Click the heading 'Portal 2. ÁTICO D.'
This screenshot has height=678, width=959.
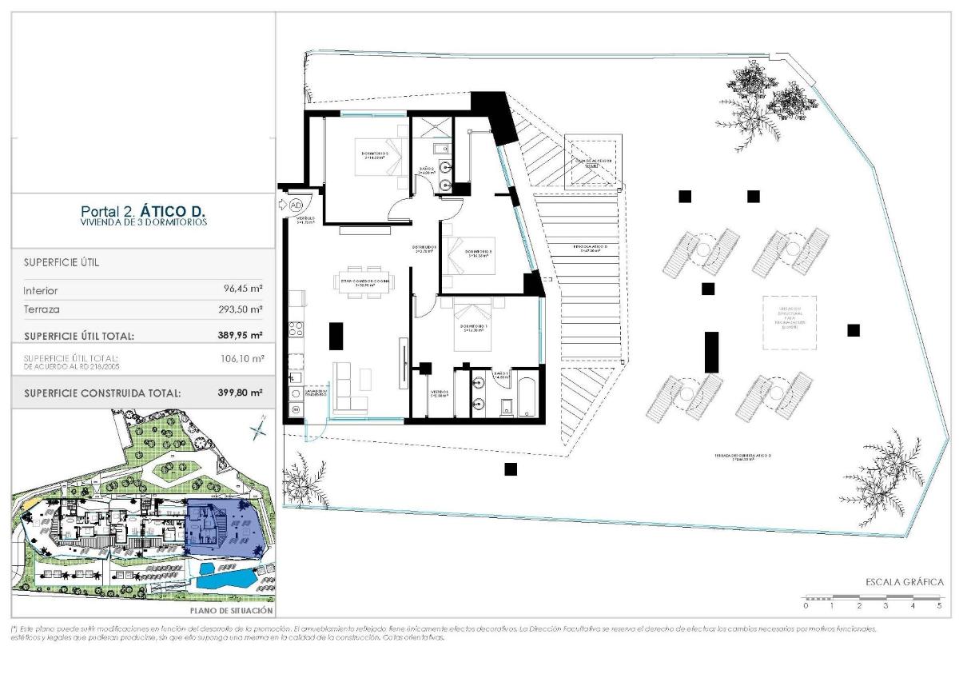[143, 211]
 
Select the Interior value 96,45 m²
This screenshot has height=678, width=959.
[244, 290]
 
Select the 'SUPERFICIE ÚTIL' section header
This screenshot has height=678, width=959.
[62, 262]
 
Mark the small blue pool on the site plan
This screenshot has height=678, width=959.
[206, 569]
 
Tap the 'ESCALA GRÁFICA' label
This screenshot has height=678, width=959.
[905, 582]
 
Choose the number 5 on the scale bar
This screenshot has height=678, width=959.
[939, 606]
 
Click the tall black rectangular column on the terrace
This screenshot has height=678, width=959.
[710, 351]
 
